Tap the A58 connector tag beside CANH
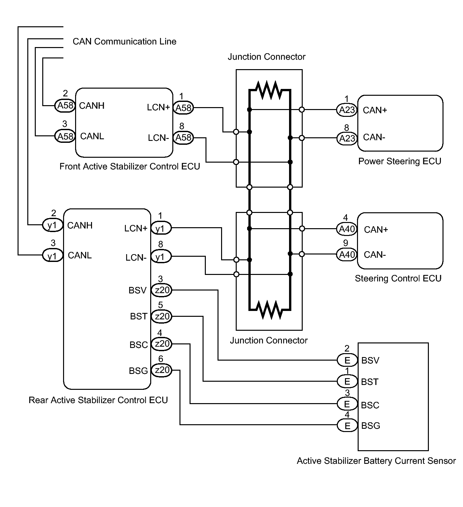pyautogui.click(x=65, y=105)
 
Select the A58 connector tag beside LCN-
pyautogui.click(x=183, y=138)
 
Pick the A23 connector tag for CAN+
pyautogui.click(x=347, y=110)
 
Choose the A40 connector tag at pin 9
pyautogui.click(x=347, y=254)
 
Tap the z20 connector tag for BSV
pyautogui.click(x=162, y=290)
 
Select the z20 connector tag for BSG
pyautogui.click(x=162, y=370)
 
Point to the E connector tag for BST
pyautogui.click(x=347, y=381)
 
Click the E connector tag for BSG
pyautogui.click(x=347, y=425)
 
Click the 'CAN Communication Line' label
pyautogui.click(x=125, y=42)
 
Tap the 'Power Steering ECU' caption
pyautogui.click(x=400, y=161)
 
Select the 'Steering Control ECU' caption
pyautogui.click(x=398, y=278)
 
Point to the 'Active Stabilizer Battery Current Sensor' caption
pyautogui.click(x=376, y=461)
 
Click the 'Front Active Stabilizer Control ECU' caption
pyautogui.click(x=130, y=167)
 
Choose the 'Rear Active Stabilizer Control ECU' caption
pyautogui.click(x=98, y=400)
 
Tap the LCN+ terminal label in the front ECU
pyautogui.click(x=158, y=107)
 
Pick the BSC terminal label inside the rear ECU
pyautogui.click(x=139, y=345)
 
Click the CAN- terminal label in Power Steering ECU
pyautogui.click(x=374, y=137)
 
